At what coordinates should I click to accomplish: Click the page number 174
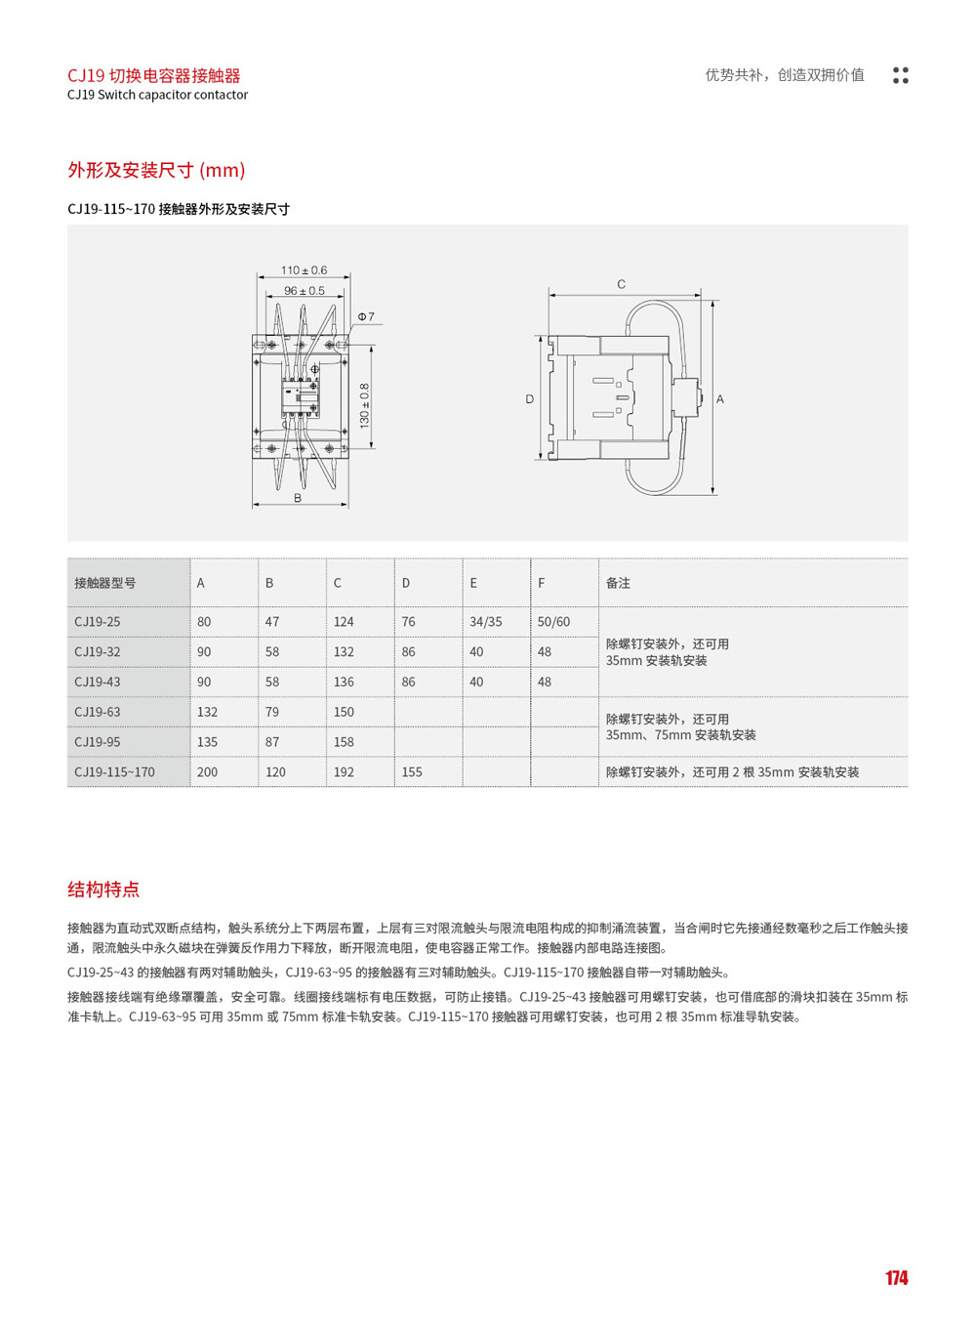click(x=896, y=1278)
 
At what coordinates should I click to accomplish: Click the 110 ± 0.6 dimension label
click(x=304, y=270)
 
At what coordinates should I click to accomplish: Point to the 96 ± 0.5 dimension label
click(x=304, y=291)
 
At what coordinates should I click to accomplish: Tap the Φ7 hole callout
click(x=366, y=316)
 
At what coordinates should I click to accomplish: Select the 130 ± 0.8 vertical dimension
click(x=365, y=405)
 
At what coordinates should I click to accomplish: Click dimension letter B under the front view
click(x=298, y=498)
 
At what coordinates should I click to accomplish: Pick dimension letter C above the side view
click(x=622, y=284)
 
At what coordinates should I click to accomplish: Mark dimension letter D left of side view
click(x=530, y=399)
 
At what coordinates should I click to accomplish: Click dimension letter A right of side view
click(x=720, y=399)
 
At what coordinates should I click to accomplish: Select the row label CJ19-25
click(x=98, y=622)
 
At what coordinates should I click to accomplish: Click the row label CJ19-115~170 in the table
click(x=114, y=772)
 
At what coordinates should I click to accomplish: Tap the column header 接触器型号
click(x=105, y=583)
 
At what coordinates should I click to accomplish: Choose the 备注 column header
click(x=618, y=583)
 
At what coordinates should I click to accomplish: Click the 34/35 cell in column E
click(x=486, y=622)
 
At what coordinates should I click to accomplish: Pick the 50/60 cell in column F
click(x=553, y=622)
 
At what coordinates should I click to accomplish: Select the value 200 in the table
click(x=207, y=772)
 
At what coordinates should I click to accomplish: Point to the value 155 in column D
click(x=412, y=772)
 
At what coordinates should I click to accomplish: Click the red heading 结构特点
click(x=103, y=890)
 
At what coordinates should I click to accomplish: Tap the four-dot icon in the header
click(x=901, y=75)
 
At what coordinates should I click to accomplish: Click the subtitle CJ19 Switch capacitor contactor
click(x=157, y=95)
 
